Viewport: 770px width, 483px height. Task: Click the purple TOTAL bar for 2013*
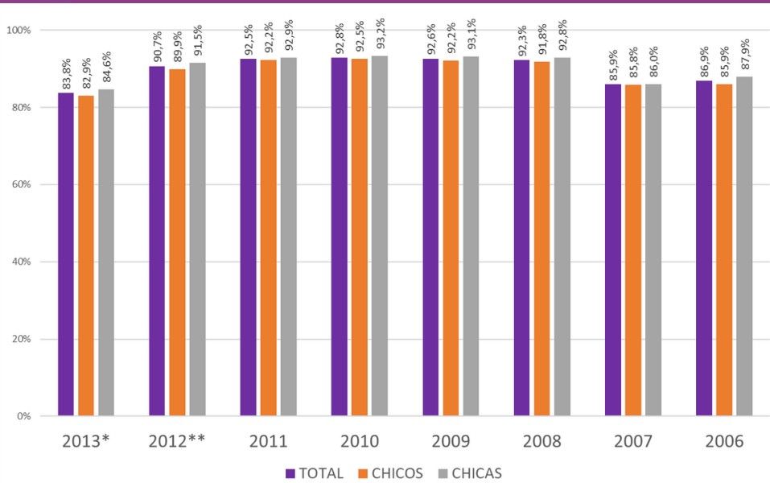[x=66, y=254]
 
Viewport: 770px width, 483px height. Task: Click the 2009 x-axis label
[x=451, y=442]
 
